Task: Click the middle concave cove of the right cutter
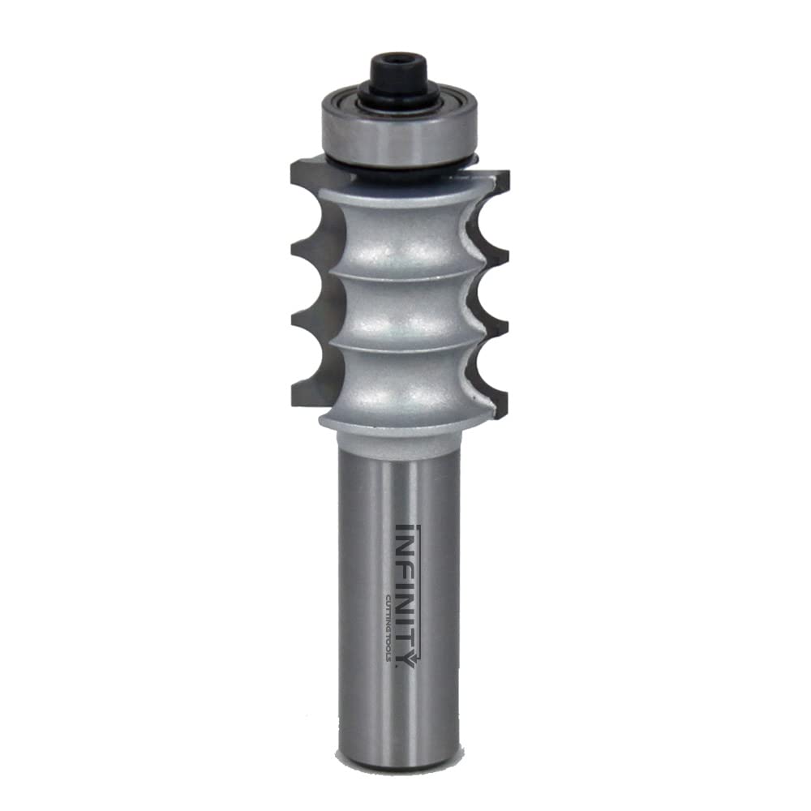point(485,291)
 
